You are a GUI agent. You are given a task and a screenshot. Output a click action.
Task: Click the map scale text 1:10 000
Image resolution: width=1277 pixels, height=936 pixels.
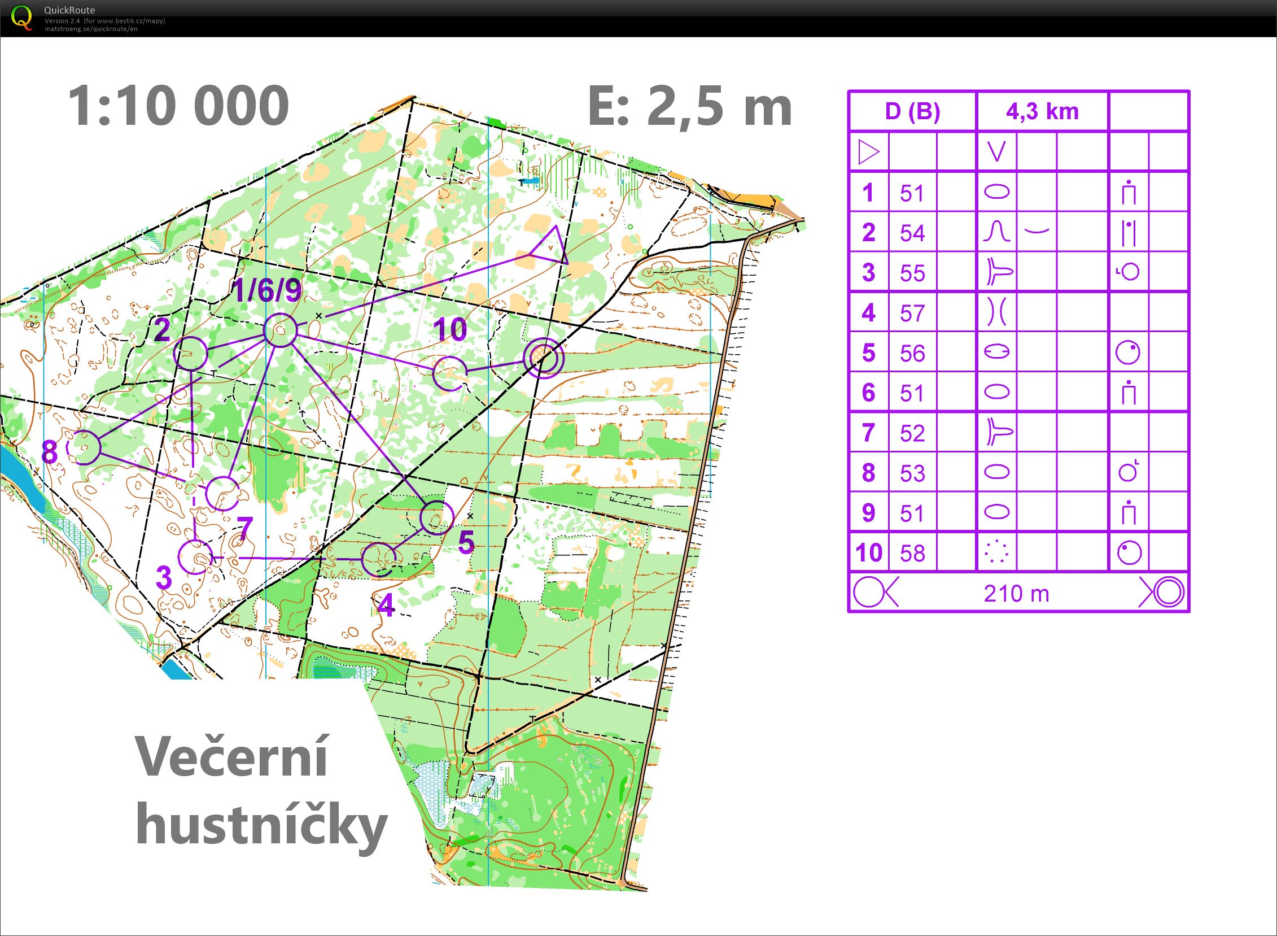(x=178, y=106)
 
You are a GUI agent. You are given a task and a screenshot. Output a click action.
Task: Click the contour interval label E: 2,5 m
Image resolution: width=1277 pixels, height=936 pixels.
(x=690, y=106)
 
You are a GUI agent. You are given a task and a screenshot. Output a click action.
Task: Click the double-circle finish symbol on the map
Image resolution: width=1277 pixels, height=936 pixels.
(x=543, y=357)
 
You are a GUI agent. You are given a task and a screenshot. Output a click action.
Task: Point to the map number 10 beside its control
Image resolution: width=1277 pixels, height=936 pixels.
(x=450, y=329)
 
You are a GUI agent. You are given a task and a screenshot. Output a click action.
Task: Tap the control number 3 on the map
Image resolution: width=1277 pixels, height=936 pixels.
(x=164, y=577)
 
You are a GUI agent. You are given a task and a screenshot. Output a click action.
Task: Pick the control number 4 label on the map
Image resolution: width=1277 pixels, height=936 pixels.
(x=386, y=607)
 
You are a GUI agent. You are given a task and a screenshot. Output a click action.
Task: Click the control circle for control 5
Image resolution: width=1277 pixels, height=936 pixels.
(x=438, y=518)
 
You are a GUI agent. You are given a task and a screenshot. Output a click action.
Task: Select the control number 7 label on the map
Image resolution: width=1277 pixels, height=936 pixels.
(x=244, y=529)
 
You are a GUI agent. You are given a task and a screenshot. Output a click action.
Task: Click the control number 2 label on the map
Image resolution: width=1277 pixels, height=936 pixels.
(x=162, y=330)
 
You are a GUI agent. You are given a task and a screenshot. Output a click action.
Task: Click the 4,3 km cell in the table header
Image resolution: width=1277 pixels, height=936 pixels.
(x=1042, y=112)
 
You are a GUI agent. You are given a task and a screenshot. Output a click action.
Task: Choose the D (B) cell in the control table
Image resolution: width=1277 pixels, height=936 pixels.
(x=912, y=112)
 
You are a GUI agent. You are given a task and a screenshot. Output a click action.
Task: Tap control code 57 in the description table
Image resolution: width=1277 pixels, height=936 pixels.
(x=912, y=314)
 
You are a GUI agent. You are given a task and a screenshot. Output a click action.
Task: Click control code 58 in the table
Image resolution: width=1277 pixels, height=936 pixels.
(x=912, y=553)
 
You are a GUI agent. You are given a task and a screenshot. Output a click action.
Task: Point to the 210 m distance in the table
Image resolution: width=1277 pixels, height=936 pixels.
(x=1017, y=594)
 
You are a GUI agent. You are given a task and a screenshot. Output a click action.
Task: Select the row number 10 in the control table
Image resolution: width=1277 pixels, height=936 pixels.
(x=869, y=552)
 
